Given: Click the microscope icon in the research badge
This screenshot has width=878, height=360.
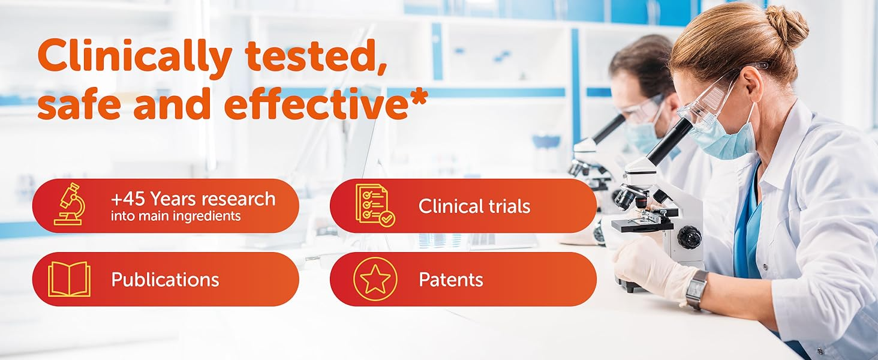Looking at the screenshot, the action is click(x=70, y=205).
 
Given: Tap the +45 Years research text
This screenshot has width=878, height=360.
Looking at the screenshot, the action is click(x=193, y=199).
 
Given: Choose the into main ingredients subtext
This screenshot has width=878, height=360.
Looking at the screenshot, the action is click(x=176, y=216).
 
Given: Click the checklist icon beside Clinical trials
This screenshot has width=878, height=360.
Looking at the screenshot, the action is click(x=375, y=205).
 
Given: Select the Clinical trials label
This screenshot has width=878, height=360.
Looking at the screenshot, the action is click(x=474, y=206).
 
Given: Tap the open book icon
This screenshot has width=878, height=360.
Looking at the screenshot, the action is click(x=69, y=279).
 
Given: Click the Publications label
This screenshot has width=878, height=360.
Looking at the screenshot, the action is click(x=165, y=280).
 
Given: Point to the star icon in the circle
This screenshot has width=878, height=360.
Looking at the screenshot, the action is click(x=375, y=279).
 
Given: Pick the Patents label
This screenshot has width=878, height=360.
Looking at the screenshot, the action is click(x=451, y=280).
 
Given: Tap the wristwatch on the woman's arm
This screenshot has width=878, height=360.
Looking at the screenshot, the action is click(x=697, y=289).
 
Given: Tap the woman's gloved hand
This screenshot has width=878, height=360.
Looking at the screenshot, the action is click(x=650, y=267).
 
